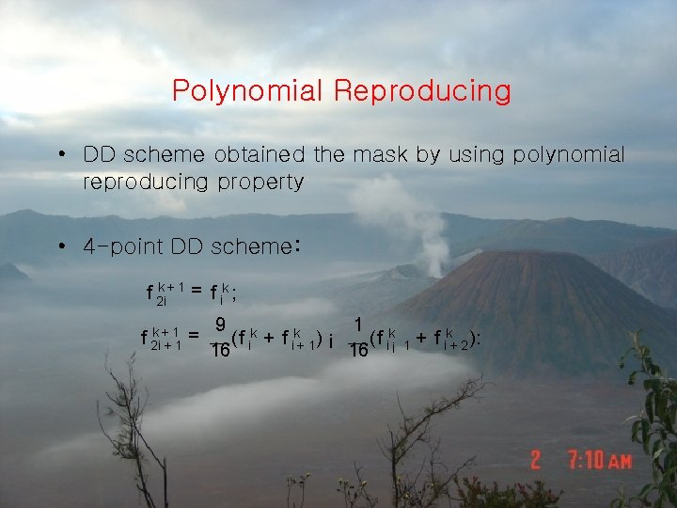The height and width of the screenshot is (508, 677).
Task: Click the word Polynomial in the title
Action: (248, 91)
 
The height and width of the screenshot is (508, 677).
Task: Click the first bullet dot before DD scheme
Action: (60, 154)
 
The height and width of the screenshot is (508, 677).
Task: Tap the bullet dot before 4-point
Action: (60, 247)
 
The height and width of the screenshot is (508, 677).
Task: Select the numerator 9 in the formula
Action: (219, 325)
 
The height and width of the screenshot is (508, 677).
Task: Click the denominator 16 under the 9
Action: (219, 351)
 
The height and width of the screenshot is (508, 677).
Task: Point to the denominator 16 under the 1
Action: (358, 351)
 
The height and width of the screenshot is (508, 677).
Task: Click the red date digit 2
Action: (536, 461)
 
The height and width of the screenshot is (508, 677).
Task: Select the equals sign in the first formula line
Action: (197, 291)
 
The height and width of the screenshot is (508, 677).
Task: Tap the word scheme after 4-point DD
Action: (245, 247)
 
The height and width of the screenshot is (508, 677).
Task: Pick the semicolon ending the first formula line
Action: (234, 294)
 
